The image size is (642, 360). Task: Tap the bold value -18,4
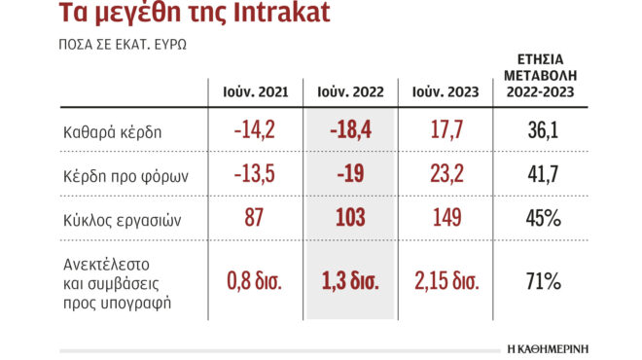coord(351,130)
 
